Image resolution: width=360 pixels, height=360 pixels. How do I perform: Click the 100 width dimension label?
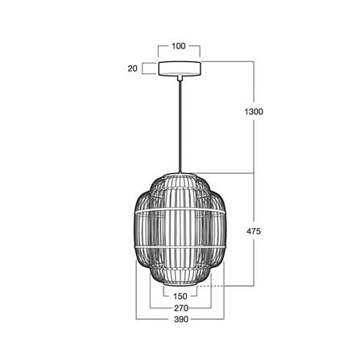click(179, 46)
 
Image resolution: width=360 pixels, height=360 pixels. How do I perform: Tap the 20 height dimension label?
click(132, 68)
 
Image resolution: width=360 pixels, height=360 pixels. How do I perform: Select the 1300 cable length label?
click(254, 111)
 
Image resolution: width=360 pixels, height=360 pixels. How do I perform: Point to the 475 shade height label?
click(254, 231)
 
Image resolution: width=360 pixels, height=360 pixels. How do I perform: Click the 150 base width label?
click(180, 296)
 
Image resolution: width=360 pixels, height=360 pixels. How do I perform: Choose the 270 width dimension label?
click(181, 308)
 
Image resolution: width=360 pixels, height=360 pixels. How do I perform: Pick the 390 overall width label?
click(181, 320)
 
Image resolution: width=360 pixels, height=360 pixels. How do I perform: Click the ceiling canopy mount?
click(180, 68)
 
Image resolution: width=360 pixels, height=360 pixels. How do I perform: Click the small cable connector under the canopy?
click(180, 77)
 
